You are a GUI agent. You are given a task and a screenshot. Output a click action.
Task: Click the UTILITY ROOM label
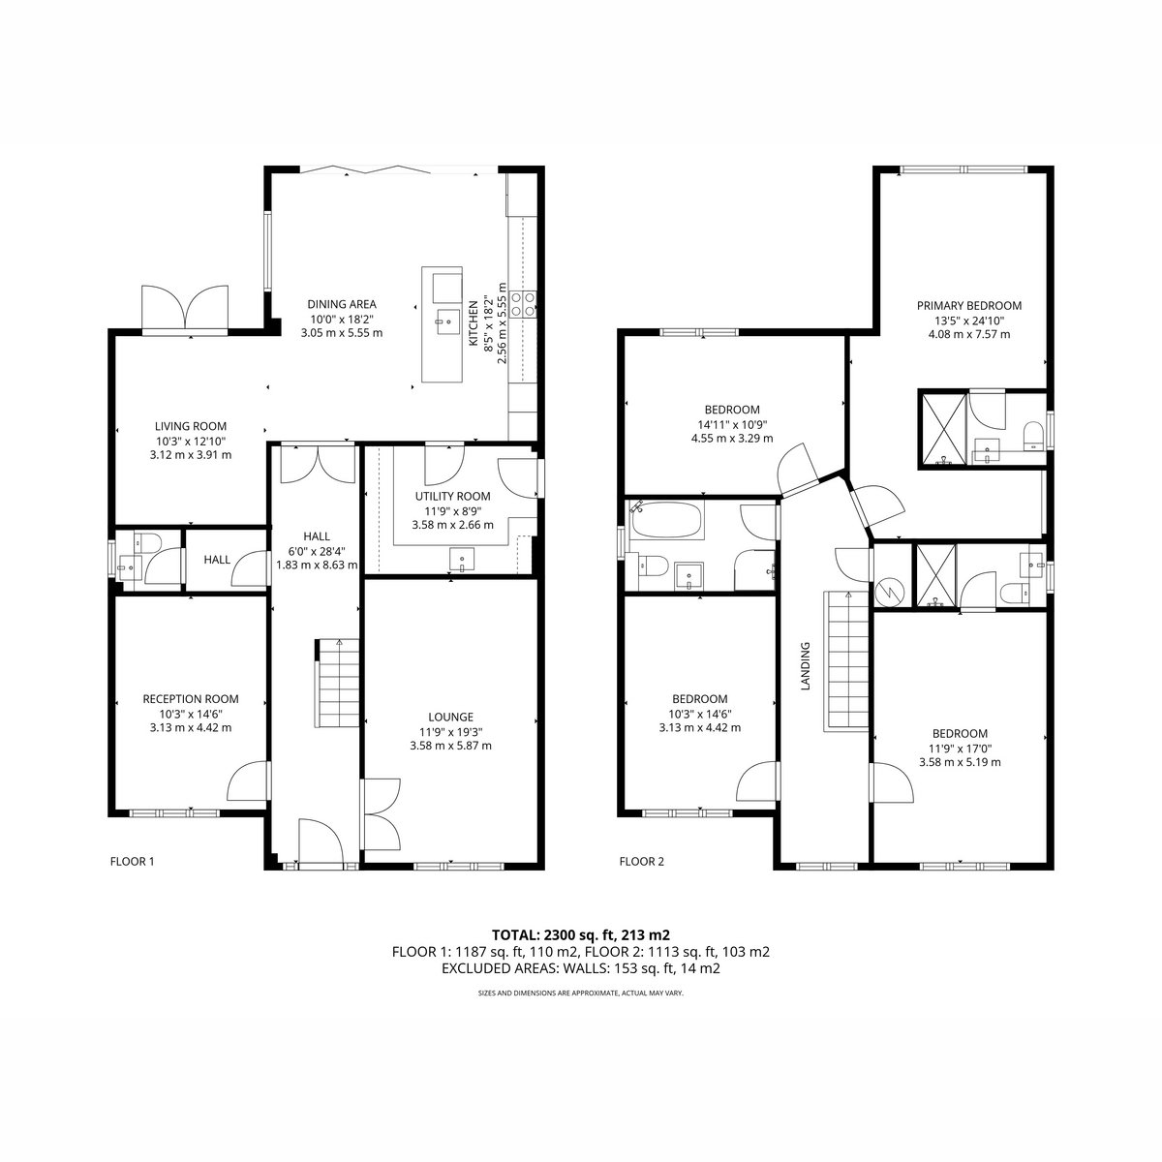tap(452, 497)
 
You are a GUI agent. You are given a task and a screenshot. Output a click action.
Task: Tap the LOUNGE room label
tap(450, 717)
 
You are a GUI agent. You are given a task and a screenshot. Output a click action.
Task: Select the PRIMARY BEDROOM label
tap(969, 306)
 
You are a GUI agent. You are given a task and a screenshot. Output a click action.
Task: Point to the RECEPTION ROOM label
tap(191, 699)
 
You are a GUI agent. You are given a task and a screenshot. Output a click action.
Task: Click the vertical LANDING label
tap(805, 665)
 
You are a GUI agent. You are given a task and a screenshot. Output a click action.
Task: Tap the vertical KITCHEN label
tap(474, 323)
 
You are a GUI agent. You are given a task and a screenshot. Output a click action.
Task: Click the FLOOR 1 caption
tap(132, 862)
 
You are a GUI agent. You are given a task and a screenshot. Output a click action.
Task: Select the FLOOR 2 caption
tap(642, 862)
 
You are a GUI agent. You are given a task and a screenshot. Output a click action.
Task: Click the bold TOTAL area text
tap(581, 935)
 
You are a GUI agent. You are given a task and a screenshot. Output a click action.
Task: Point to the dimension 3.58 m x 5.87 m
tap(450, 746)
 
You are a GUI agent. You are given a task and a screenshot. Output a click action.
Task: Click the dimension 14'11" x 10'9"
tap(731, 424)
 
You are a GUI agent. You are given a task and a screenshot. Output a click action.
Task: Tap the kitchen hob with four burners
tap(523, 303)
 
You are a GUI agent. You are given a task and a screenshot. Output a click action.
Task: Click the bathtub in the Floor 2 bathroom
tap(666, 520)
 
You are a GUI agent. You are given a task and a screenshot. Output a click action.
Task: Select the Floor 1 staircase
tap(337, 684)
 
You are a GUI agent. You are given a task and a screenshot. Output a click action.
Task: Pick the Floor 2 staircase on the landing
tap(846, 661)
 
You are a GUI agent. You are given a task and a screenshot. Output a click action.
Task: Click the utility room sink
tap(462, 559)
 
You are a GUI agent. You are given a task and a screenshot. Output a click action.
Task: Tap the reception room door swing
tap(247, 780)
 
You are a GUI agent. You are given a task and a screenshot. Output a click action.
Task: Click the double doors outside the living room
tap(186, 308)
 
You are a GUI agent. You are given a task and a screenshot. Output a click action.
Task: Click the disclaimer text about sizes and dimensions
tap(581, 993)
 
